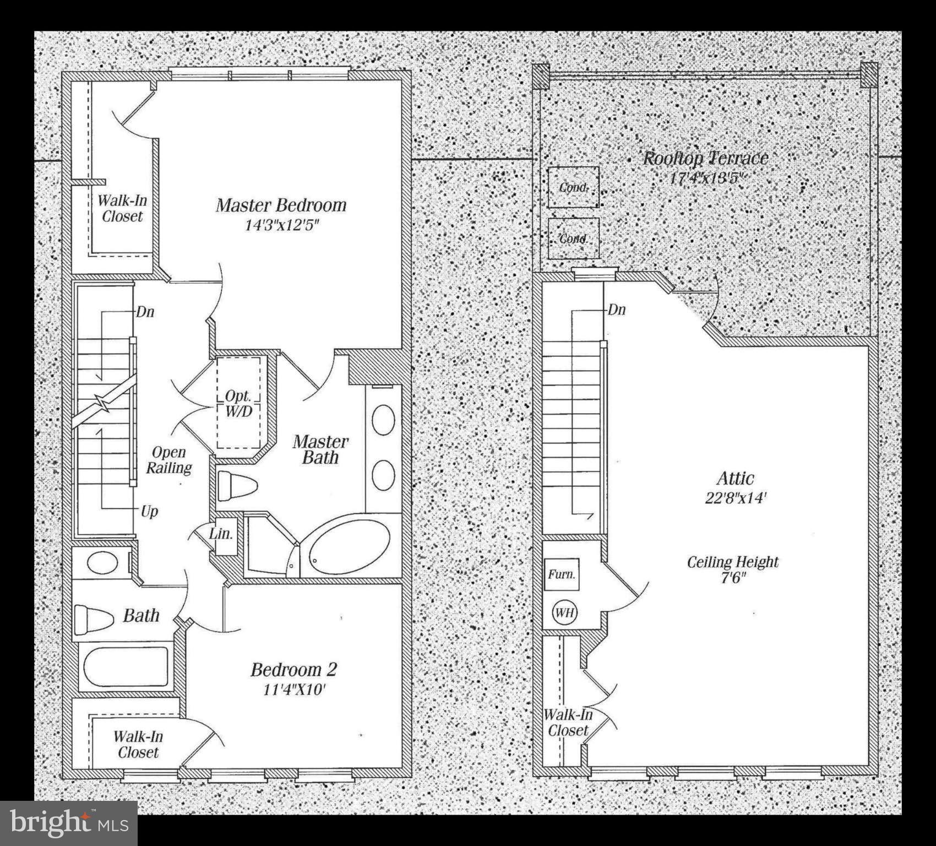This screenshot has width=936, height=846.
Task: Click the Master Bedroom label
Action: pos(281,205)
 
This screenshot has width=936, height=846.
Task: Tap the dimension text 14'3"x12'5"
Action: pos(282,225)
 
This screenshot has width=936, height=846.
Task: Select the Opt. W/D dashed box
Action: pos(238,403)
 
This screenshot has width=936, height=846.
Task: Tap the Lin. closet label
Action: pos(221,534)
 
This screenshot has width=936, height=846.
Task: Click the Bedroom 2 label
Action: pos(293,670)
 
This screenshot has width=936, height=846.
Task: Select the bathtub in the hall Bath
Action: pos(126,666)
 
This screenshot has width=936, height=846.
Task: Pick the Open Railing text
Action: pos(168,460)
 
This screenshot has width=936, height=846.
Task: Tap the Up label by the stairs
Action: pos(149,511)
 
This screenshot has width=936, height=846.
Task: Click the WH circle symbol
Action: pos(564,612)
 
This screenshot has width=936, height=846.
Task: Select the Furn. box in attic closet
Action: pos(562,574)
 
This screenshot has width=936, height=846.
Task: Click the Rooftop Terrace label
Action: pos(705,159)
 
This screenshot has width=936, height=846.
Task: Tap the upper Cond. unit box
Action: pos(573,187)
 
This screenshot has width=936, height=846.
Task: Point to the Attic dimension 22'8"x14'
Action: pos(736,498)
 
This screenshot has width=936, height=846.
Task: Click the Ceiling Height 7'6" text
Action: pos(733,570)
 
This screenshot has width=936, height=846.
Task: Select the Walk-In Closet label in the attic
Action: pos(568,723)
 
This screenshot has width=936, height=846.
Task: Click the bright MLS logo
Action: pos(69,823)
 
